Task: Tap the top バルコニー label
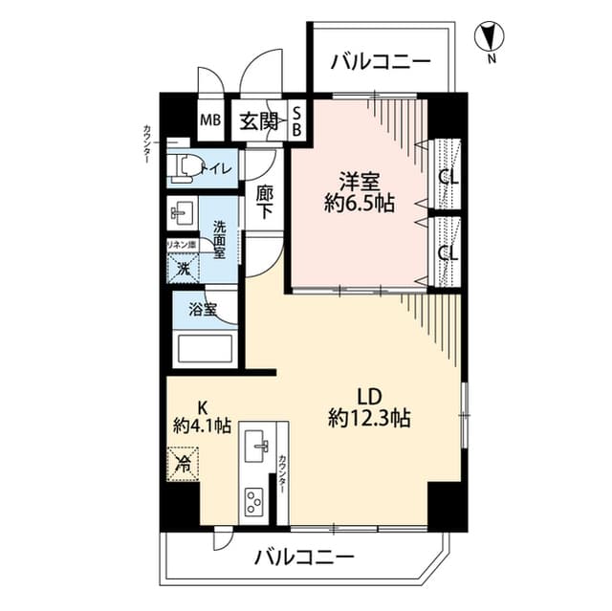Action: point(381,63)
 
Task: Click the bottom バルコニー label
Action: point(305,556)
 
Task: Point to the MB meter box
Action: point(209,122)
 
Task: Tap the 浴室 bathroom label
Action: point(201,310)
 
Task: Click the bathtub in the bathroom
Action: point(206,349)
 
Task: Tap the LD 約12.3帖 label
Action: point(369,406)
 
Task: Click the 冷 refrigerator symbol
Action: point(182,466)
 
